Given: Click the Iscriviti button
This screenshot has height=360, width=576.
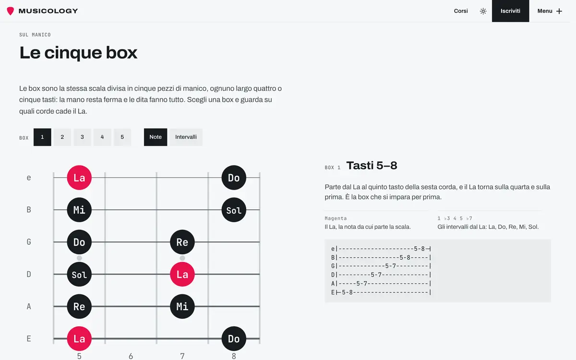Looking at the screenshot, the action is (510, 11).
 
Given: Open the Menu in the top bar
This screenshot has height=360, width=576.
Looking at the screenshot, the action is (550, 11).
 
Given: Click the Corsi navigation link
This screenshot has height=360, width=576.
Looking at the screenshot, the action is (460, 11).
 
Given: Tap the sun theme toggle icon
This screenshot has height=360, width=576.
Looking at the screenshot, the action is (483, 11).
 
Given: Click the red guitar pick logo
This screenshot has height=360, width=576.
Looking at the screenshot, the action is (10, 11).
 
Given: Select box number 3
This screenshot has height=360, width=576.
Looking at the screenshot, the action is (82, 137).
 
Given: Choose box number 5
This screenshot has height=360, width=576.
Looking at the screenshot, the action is (122, 137).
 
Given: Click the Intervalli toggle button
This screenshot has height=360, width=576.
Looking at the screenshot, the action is (186, 137).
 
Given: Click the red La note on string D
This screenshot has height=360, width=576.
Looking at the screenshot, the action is (182, 274).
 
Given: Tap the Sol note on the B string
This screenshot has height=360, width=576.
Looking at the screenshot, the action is (234, 210).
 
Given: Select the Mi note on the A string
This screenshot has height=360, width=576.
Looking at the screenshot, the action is (182, 306).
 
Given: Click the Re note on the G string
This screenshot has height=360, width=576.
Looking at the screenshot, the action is (182, 242).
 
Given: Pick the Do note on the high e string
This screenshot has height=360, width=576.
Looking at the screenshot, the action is (234, 178).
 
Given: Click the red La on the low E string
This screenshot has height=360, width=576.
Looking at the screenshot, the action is (79, 339).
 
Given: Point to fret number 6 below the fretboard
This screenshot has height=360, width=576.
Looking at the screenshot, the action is (131, 356).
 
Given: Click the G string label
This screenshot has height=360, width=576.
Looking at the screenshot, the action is (29, 242).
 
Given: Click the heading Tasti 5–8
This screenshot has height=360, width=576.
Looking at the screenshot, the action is (372, 166).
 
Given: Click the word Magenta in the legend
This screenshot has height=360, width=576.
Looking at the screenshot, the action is (336, 218).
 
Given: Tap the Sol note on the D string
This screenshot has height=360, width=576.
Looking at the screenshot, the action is (79, 274).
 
